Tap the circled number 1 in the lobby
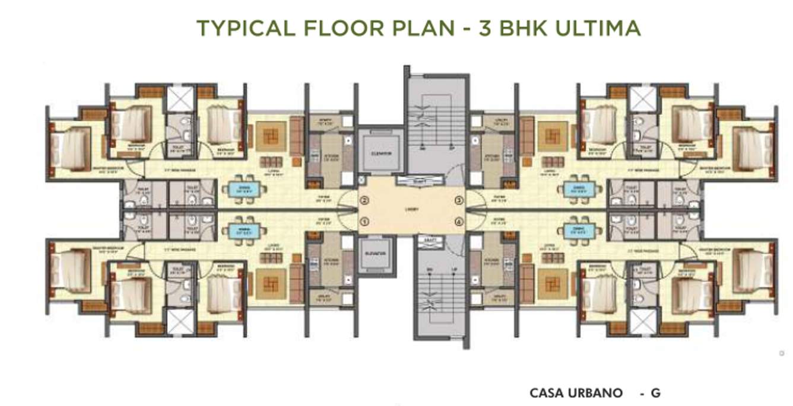365,222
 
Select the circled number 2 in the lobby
365,200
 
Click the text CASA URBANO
576,393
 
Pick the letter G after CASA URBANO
655,393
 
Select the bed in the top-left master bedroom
71,149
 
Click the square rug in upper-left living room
270,137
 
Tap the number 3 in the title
484,28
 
